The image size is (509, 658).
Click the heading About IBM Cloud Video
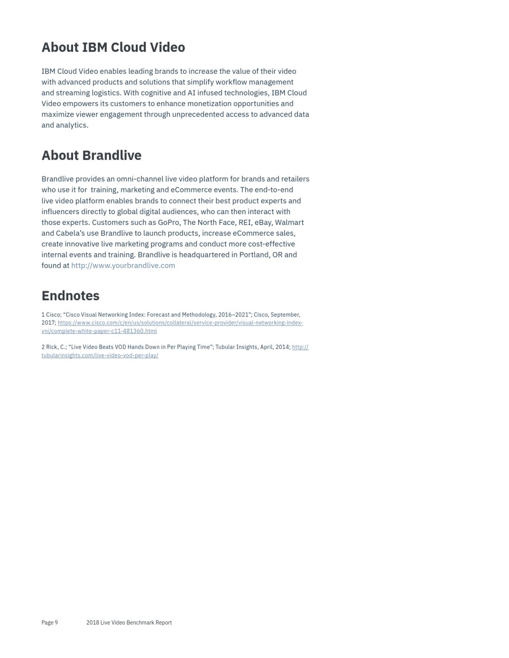[x=113, y=48]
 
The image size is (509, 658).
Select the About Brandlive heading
[x=91, y=155]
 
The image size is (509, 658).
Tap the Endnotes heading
[x=71, y=296]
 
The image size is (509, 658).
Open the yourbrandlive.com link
[x=123, y=265]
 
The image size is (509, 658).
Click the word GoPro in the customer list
[x=169, y=222]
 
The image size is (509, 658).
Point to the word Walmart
[x=289, y=222]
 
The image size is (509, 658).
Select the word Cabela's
[x=70, y=233]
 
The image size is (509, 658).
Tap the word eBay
[x=263, y=222]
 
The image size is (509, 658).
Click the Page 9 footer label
[x=49, y=623]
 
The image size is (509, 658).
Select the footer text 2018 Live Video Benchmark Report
[x=129, y=623]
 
